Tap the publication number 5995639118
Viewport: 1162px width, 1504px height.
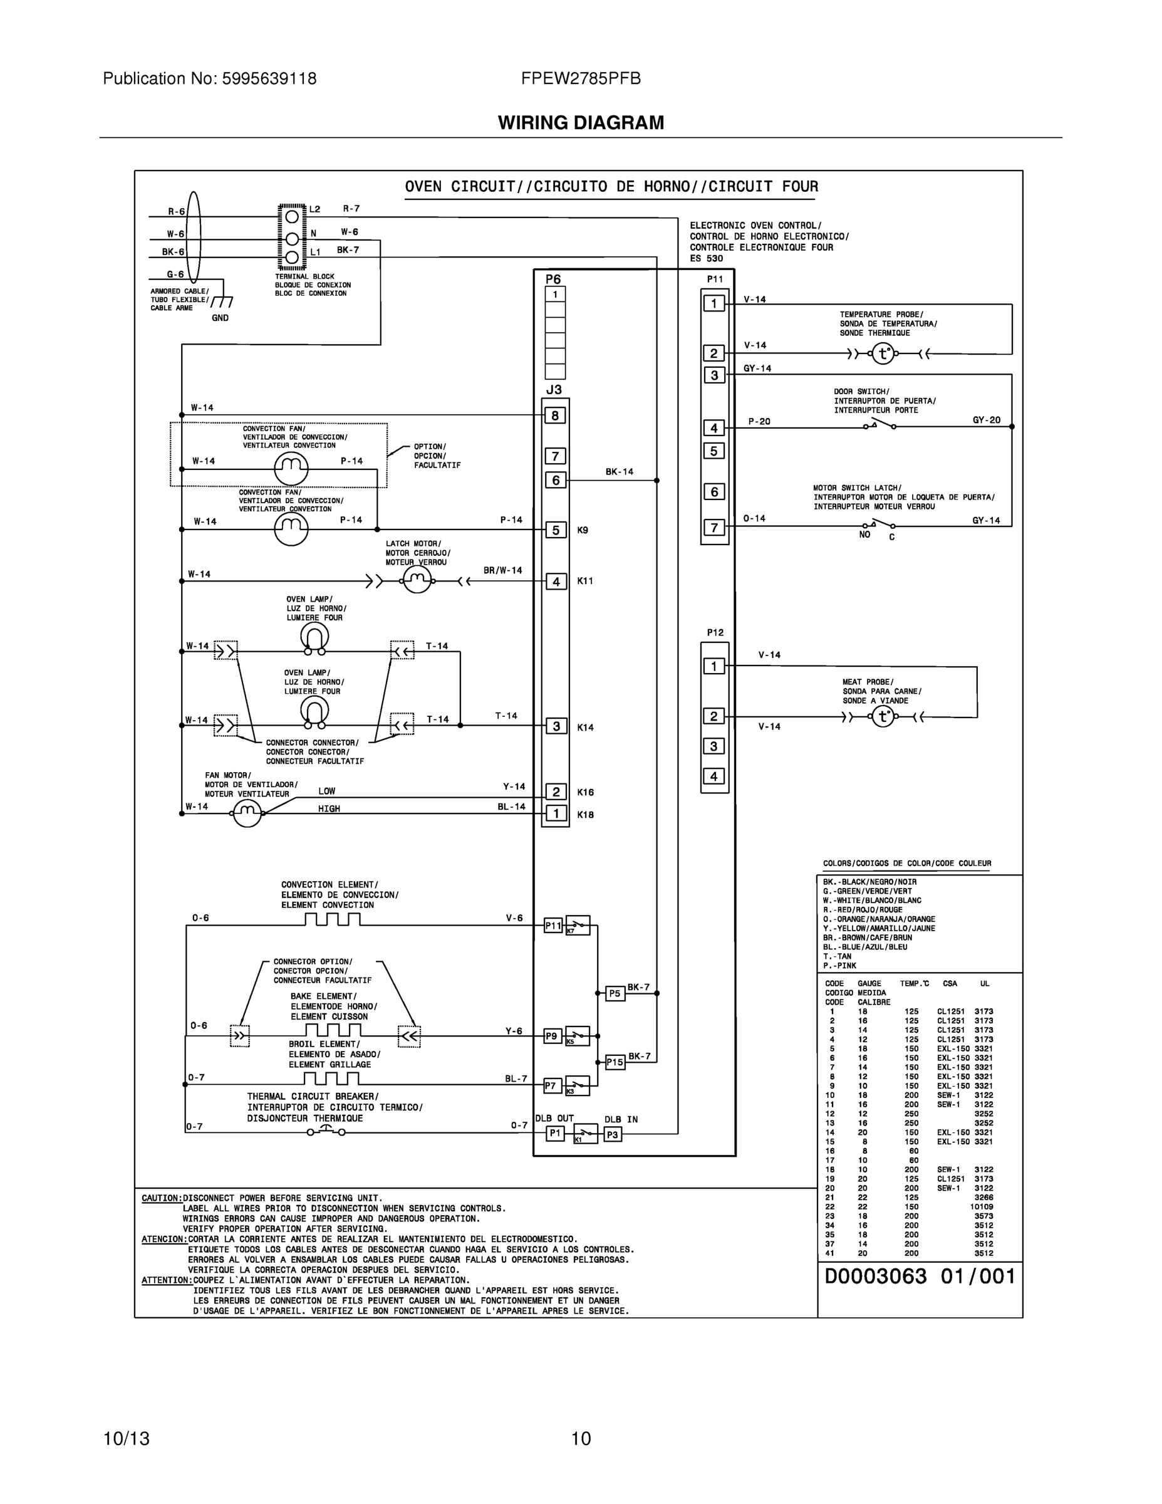pyautogui.click(x=269, y=78)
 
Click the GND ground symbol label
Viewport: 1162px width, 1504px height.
pyautogui.click(x=220, y=318)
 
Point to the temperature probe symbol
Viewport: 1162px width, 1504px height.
pyautogui.click(x=883, y=354)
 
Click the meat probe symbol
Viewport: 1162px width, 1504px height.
pyautogui.click(x=883, y=718)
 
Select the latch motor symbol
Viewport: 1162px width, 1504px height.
pyautogui.click(x=417, y=581)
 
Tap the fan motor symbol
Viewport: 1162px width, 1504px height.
pyautogui.click(x=247, y=813)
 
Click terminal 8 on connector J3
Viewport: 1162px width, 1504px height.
pyautogui.click(x=556, y=415)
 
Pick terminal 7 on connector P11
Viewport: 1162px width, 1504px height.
pyautogui.click(x=714, y=528)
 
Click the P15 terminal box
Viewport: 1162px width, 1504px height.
pyautogui.click(x=615, y=1063)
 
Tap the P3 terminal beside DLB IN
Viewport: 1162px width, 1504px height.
pyautogui.click(x=613, y=1134)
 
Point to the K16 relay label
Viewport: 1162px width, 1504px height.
pyautogui.click(x=585, y=793)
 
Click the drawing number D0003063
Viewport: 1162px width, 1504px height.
pyautogui.click(x=876, y=1277)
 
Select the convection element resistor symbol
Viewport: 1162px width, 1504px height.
pyautogui.click(x=333, y=920)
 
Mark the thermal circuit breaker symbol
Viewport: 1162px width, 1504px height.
pyautogui.click(x=326, y=1131)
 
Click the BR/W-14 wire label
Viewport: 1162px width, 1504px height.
pyautogui.click(x=502, y=570)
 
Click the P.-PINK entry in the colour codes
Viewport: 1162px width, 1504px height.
pyautogui.click(x=840, y=966)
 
